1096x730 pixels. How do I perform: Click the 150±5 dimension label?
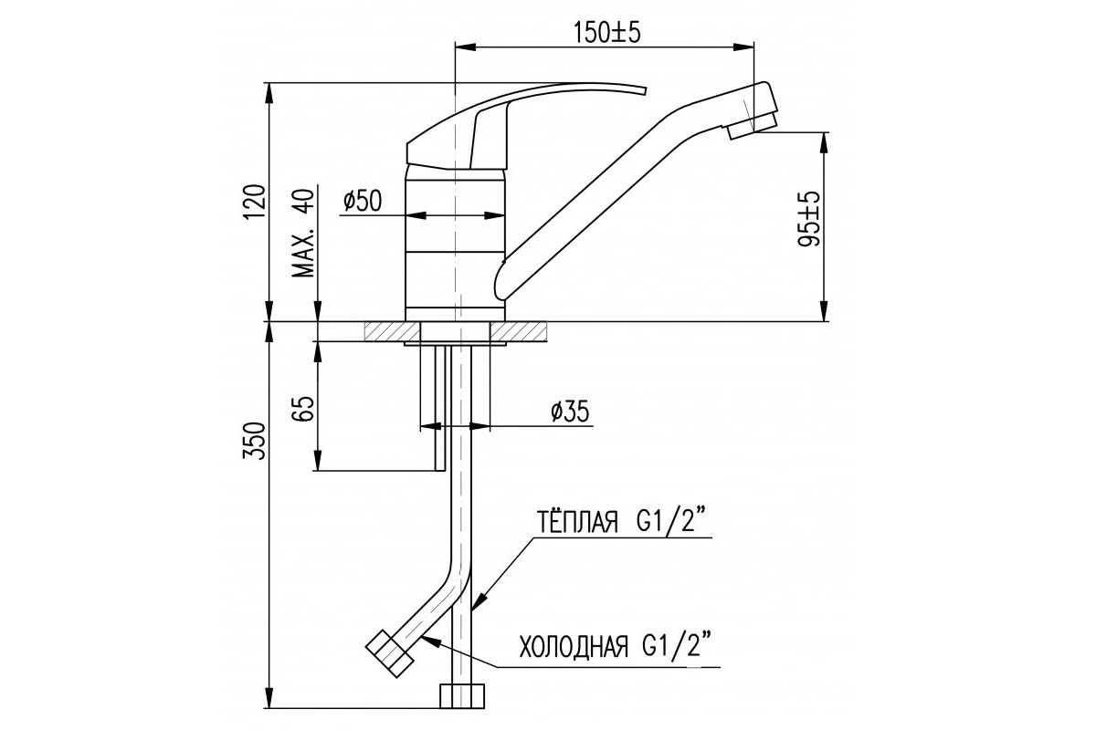point(606,33)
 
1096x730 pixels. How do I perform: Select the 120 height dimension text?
point(256,202)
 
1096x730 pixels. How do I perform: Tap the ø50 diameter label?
point(362,201)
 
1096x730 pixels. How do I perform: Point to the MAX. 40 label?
point(303,233)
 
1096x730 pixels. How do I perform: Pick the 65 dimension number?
point(302,409)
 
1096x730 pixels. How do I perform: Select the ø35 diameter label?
point(570,412)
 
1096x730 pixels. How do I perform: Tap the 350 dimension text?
point(256,441)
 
